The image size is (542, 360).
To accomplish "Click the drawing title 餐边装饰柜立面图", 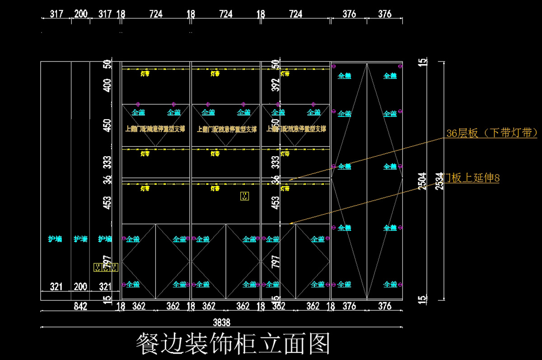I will pos(233,344).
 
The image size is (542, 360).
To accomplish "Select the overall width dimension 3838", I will pos(221,322).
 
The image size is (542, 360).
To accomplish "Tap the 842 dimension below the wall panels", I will pos(80,306).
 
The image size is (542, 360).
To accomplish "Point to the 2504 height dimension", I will pos(422,182).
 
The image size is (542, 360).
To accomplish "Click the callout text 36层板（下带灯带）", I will pos(491,133).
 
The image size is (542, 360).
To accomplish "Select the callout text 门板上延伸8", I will pos(471,178).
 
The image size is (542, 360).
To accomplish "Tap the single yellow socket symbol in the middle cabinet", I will pos(244,196).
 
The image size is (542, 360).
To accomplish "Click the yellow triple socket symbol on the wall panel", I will pos(106,267).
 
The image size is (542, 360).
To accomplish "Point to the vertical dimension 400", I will pos(107,85).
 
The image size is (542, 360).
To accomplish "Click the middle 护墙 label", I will pos(80,239).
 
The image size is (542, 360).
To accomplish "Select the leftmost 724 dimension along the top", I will pos(156,14).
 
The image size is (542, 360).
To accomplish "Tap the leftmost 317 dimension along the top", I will pos(56,14).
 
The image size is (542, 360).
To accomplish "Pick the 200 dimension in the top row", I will pos(81,14).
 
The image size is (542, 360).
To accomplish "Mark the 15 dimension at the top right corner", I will pos(422,62).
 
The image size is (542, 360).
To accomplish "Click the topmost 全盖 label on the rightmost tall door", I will pos(390,76).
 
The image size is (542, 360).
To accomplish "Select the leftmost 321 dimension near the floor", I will pos(56,286).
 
